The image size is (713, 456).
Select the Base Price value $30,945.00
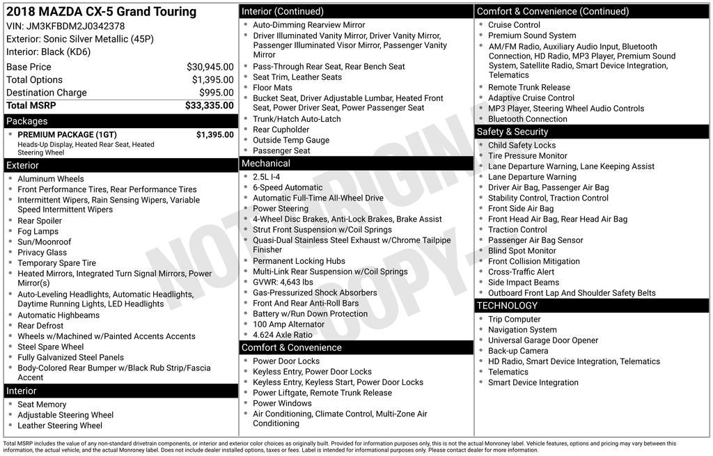click(210, 68)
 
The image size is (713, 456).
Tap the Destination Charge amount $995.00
click(216, 93)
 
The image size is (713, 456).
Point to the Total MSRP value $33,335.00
click(209, 106)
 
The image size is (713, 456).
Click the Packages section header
click(27, 121)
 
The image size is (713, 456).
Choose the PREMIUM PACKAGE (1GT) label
click(67, 135)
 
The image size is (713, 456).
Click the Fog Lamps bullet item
click(38, 232)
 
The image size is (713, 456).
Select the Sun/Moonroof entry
click(45, 242)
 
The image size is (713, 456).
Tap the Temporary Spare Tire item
click(57, 263)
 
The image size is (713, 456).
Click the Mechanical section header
click(266, 164)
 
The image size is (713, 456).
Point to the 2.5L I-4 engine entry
click(267, 177)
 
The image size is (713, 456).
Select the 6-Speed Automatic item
click(288, 187)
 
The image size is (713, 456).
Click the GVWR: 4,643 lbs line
click(283, 282)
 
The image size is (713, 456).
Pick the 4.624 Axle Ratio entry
click(283, 335)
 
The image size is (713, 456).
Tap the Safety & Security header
click(512, 132)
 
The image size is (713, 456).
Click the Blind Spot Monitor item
click(522, 251)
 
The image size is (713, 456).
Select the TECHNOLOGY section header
click(507, 306)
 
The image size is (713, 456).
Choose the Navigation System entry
click(523, 330)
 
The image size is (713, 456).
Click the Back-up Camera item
click(518, 351)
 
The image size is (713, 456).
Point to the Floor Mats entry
click(273, 88)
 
